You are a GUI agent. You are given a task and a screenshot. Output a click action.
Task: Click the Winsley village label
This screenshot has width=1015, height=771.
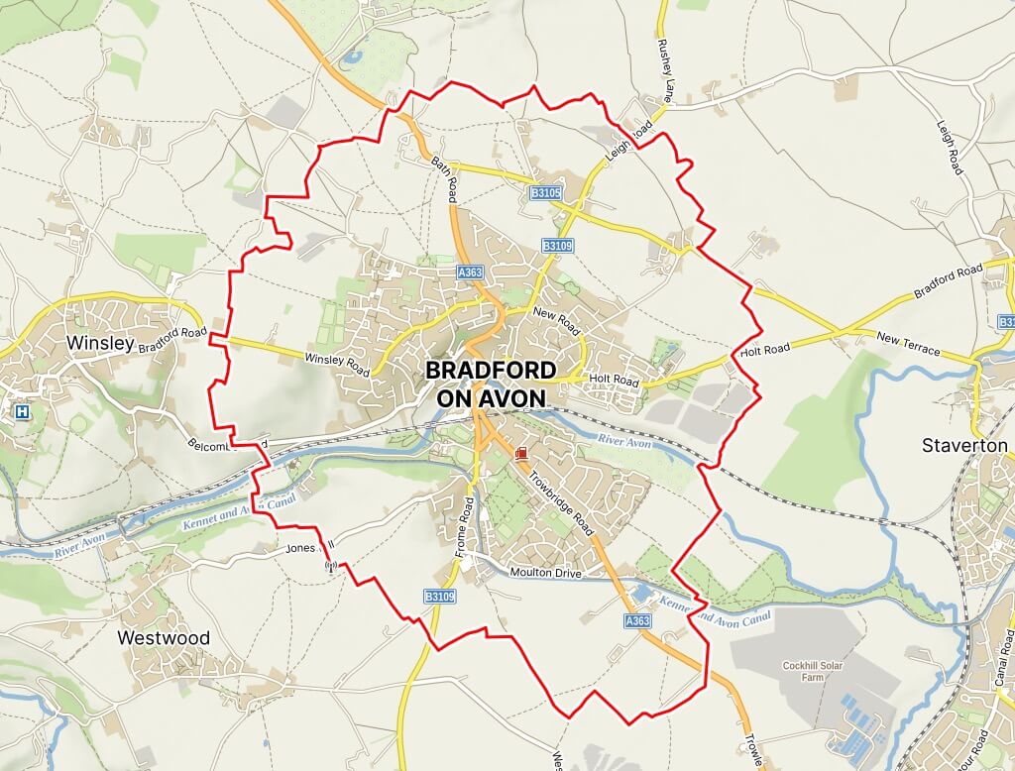(x=99, y=343)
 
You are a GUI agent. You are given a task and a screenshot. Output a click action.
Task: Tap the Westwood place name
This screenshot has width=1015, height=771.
(x=164, y=638)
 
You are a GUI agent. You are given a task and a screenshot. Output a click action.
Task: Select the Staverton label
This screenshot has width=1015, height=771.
(x=964, y=445)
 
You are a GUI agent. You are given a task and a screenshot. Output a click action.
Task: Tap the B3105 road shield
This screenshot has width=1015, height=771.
(x=546, y=193)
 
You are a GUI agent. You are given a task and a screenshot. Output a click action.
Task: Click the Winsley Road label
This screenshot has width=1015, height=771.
(x=336, y=364)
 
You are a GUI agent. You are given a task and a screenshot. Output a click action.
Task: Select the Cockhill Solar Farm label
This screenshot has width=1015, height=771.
(x=811, y=671)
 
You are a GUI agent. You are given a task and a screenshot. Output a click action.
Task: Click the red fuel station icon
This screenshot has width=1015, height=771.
(x=521, y=453)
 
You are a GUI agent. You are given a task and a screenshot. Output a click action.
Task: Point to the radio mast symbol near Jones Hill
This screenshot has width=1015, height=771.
(x=331, y=568)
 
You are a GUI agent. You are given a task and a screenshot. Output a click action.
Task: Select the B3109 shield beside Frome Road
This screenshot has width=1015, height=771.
(x=439, y=597)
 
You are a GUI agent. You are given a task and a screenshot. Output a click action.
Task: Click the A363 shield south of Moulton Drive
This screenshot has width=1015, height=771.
(x=637, y=620)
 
